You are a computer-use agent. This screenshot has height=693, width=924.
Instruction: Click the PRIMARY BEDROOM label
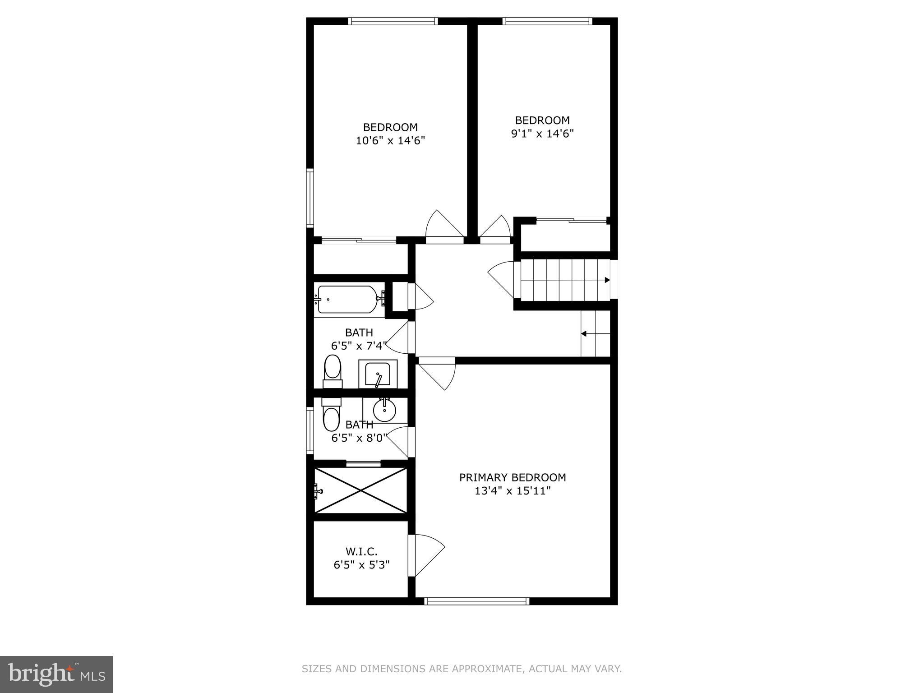click(x=513, y=477)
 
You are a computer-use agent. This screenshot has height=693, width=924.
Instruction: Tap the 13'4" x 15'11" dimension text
click(x=513, y=491)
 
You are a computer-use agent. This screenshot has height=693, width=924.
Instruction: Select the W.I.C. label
click(x=361, y=551)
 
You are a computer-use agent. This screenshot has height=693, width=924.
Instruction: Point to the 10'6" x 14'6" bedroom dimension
click(x=390, y=141)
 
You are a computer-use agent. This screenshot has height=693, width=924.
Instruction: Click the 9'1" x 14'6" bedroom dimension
click(x=542, y=134)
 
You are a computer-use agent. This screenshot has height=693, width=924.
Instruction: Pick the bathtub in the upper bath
click(x=347, y=299)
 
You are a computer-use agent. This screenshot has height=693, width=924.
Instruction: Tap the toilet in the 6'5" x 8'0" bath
click(x=331, y=416)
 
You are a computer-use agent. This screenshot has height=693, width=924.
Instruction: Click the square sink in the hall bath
click(x=378, y=374)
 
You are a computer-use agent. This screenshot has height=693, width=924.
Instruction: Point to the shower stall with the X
click(x=360, y=490)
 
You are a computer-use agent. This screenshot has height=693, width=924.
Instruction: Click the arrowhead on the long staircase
click(x=607, y=280)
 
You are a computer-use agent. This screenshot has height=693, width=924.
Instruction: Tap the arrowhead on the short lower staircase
click(x=583, y=334)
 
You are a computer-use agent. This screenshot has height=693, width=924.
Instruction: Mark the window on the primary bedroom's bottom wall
click(x=476, y=601)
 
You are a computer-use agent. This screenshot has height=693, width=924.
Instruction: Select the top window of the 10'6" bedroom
click(x=393, y=21)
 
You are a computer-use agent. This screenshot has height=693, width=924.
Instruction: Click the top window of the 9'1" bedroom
click(x=547, y=21)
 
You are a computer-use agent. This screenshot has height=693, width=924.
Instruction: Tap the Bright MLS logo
click(x=56, y=674)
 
